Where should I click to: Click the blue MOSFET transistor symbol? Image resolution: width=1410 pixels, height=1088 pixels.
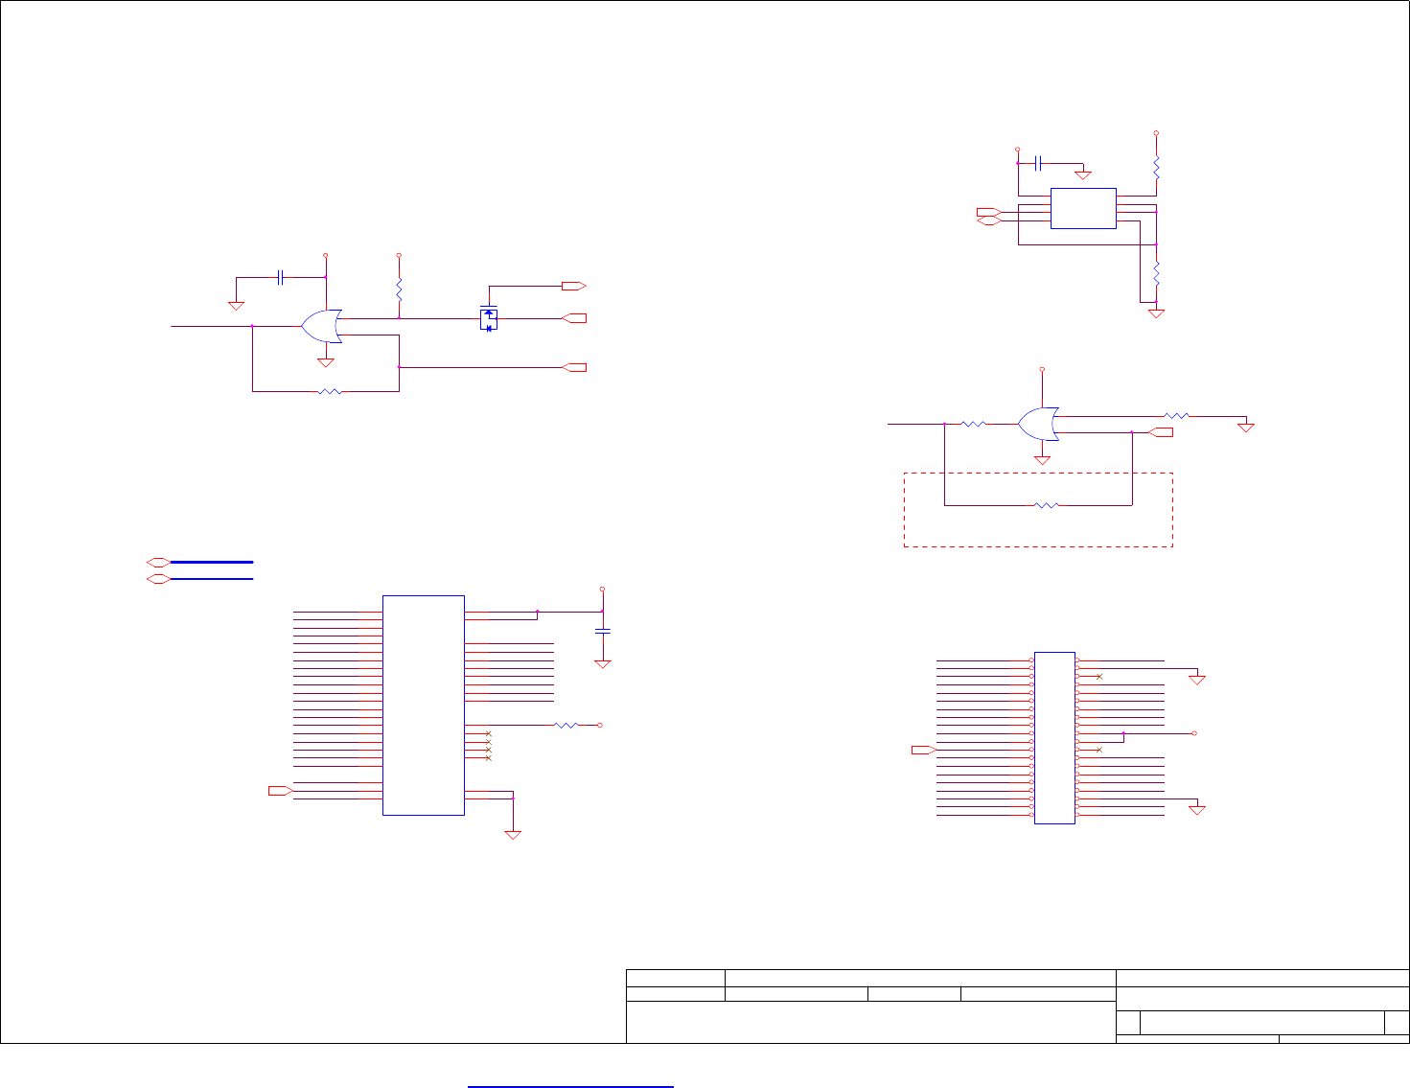point(489,319)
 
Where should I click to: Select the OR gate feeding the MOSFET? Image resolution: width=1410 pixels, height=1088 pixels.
point(322,327)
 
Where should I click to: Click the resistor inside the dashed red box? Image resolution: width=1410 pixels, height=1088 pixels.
point(1047,504)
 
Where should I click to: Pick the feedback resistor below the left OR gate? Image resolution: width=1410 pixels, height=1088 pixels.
point(330,391)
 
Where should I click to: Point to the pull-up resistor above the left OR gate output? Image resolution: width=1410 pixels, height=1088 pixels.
point(399,289)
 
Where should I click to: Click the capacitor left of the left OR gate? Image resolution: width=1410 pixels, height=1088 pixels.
point(280,278)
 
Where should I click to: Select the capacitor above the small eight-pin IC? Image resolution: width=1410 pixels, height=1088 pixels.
point(1038,163)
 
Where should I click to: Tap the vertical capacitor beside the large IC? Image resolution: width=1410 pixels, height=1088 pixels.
point(602,631)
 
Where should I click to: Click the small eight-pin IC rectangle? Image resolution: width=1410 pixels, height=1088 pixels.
point(1083,208)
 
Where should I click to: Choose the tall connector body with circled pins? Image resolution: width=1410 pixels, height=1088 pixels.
point(1054,736)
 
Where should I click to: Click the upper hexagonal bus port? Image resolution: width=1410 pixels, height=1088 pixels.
point(158,562)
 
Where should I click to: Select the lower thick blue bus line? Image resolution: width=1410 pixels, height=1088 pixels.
point(212,579)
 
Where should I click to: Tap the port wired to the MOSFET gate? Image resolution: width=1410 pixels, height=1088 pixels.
point(573,286)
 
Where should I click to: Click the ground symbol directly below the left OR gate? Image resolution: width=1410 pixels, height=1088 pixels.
point(325,362)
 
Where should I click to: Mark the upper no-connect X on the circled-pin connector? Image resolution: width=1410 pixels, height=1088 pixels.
point(1099,677)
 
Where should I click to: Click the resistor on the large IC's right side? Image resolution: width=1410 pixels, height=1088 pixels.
point(566,726)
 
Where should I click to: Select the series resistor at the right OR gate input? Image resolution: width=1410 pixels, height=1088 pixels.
point(973,423)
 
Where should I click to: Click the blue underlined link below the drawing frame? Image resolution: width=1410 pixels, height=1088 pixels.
point(570,1086)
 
